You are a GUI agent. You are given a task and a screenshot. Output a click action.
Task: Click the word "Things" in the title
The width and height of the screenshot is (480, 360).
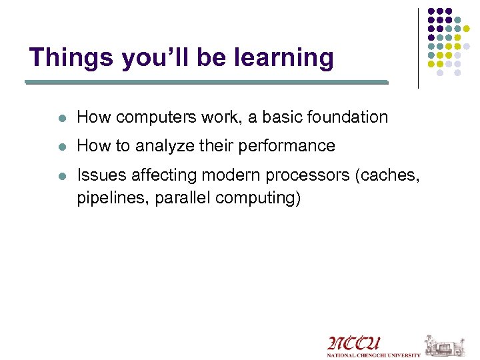click(x=71, y=57)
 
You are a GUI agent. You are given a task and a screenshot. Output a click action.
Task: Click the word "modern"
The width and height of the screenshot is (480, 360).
click(x=226, y=175)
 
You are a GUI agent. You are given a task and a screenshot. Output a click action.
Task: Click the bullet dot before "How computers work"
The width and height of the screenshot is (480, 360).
click(x=61, y=117)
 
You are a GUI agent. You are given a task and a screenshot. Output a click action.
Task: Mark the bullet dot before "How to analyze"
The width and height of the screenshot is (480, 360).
click(x=61, y=146)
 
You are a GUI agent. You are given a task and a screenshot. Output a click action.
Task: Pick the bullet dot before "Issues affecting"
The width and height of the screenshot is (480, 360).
click(x=61, y=175)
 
